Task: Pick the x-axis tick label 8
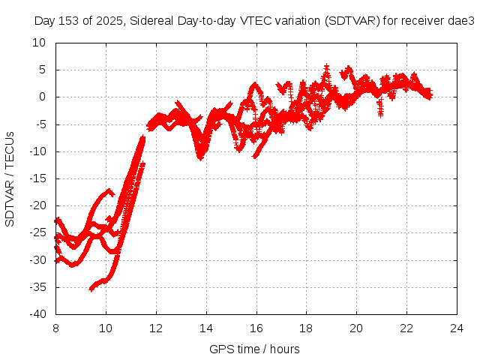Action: coord(55,328)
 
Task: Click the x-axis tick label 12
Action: coord(155,328)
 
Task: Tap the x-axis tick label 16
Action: coord(256,328)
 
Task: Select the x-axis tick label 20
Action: coord(356,328)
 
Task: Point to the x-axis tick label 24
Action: coord(456,328)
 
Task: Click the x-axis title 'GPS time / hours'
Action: coord(255,349)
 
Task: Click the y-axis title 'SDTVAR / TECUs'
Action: coord(10,178)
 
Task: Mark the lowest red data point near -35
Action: coord(91,289)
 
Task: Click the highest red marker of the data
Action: coord(327,66)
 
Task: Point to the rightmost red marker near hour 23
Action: coord(429,95)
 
